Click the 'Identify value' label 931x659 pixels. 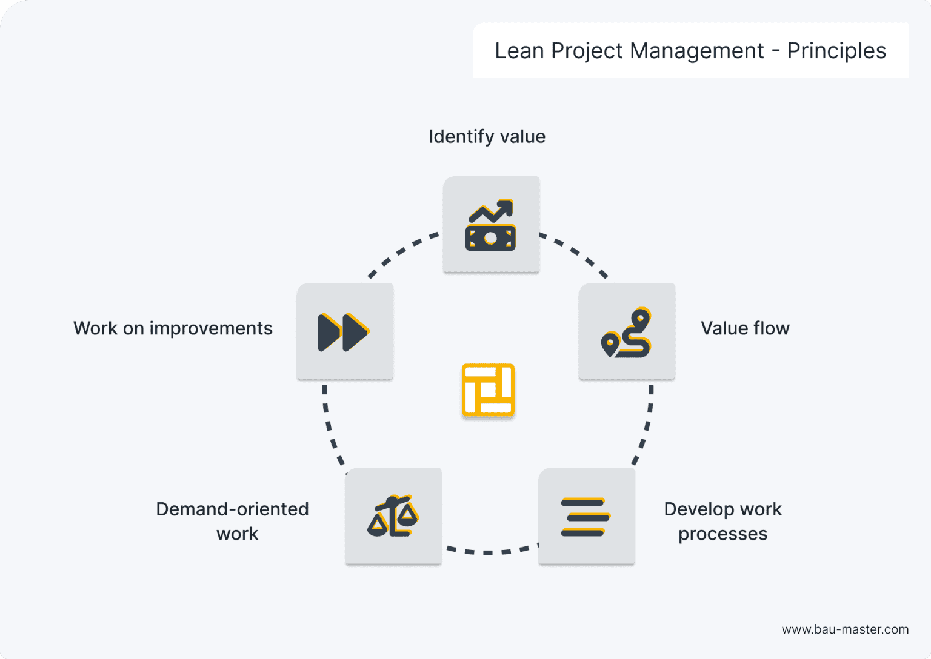pyautogui.click(x=487, y=137)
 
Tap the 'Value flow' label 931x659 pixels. pyautogui.click(x=745, y=328)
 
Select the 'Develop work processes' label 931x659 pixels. pyautogui.click(x=722, y=522)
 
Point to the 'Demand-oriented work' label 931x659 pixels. pyautogui.click(x=233, y=522)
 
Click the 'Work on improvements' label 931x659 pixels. pyautogui.click(x=173, y=328)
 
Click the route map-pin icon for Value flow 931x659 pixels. pyautogui.click(x=627, y=333)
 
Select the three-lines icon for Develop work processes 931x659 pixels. pyautogui.click(x=586, y=517)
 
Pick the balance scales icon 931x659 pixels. pyautogui.click(x=393, y=517)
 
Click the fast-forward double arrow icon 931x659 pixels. pyautogui.click(x=344, y=333)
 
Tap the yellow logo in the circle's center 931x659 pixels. pyautogui.click(x=488, y=390)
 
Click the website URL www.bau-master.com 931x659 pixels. pyautogui.click(x=845, y=629)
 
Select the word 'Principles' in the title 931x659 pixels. pyautogui.click(x=836, y=51)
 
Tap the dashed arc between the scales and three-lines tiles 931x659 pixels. pyautogui.click(x=489, y=552)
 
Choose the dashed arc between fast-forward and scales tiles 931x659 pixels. pyautogui.click(x=330, y=428)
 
